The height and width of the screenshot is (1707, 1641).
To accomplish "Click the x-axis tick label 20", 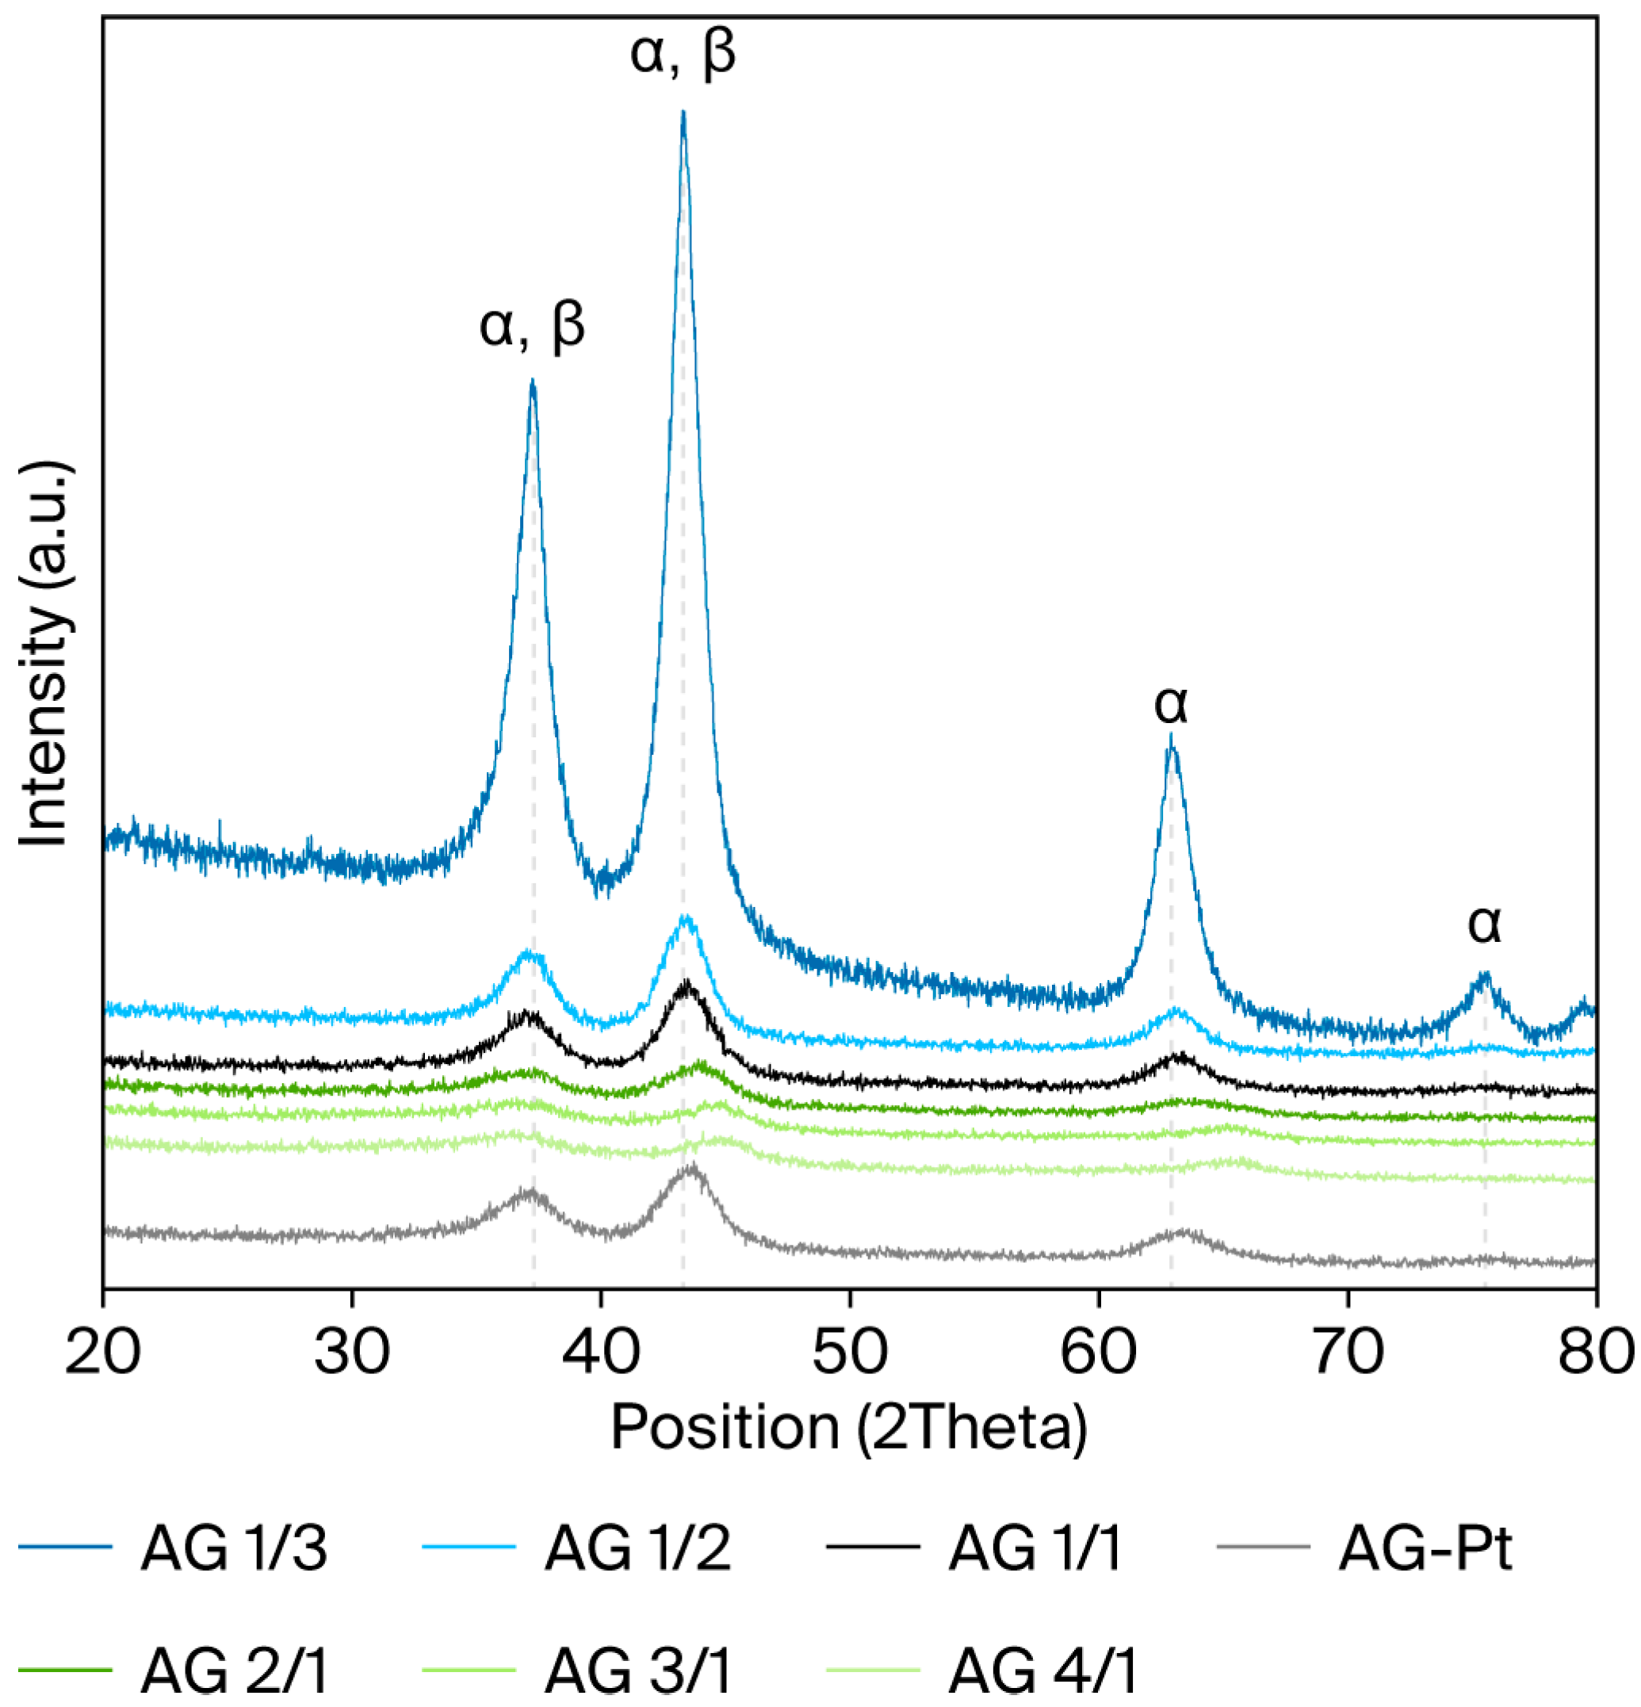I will click(x=103, y=1353).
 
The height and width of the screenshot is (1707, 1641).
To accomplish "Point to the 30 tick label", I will click(x=352, y=1353).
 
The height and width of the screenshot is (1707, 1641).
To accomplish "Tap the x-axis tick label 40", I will click(x=601, y=1353).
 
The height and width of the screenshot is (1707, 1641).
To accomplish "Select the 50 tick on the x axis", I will click(x=849, y=1353).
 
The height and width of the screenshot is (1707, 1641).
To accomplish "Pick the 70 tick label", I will click(x=1348, y=1353).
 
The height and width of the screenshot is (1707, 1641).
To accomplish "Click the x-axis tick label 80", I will click(x=1596, y=1353).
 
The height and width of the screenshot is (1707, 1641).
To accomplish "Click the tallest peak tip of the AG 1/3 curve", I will click(x=683, y=113).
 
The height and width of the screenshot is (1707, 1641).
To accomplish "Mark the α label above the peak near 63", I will click(x=1171, y=704).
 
